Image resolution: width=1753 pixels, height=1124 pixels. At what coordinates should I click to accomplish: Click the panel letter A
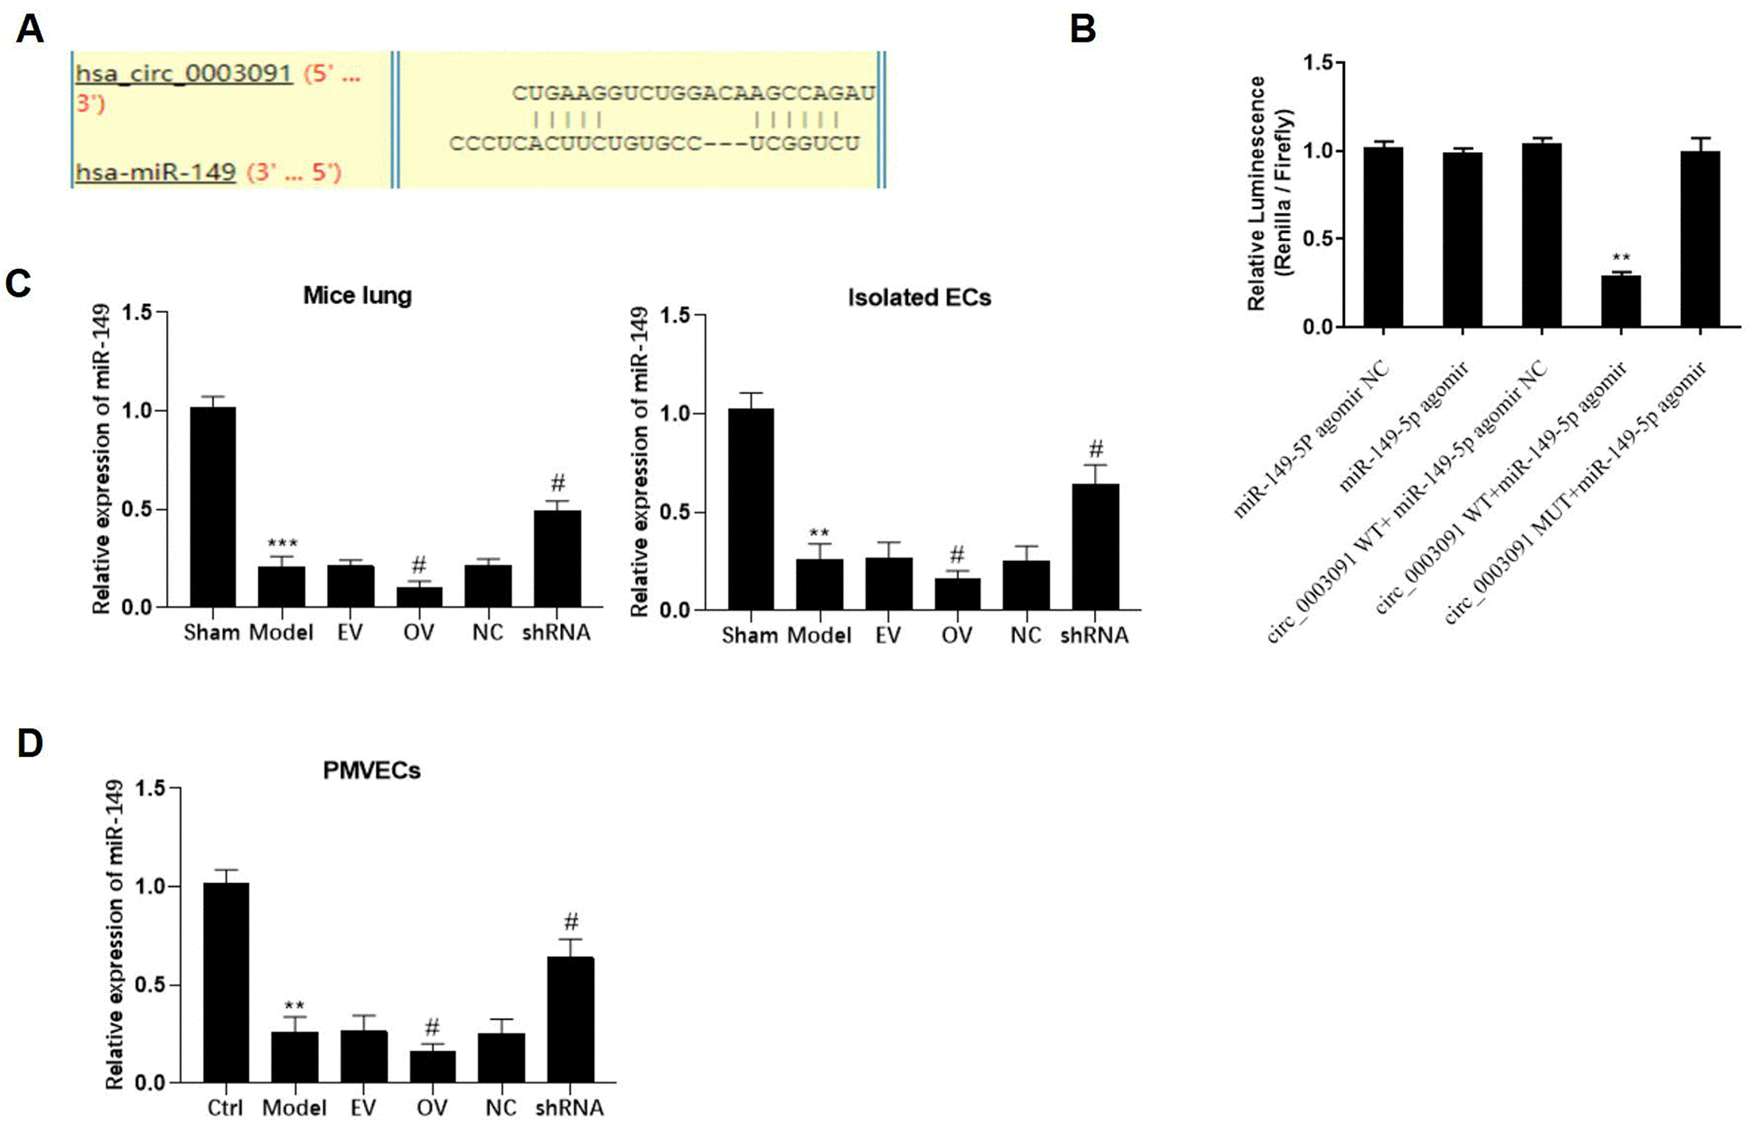(30, 30)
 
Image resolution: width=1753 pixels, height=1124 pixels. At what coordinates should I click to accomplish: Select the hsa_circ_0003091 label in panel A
(184, 74)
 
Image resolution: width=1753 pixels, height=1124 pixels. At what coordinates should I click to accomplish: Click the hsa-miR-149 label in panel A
(156, 171)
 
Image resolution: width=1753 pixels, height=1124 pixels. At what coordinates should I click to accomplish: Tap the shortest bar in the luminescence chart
(1620, 301)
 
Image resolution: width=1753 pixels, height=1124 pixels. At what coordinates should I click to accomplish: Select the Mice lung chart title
(357, 295)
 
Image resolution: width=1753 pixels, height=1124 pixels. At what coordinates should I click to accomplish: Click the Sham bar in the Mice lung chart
(212, 508)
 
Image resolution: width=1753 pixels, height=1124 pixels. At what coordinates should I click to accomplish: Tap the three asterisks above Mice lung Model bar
(282, 544)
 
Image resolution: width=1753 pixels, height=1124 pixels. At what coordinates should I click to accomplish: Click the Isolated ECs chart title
(919, 298)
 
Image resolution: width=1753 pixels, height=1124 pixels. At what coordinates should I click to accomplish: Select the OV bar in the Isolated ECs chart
(957, 594)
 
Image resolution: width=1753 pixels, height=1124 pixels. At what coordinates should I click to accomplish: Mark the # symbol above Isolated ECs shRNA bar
(1095, 449)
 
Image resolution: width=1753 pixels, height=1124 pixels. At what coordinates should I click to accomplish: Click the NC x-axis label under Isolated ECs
(1026, 636)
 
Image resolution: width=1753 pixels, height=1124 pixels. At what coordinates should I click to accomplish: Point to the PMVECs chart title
(371, 771)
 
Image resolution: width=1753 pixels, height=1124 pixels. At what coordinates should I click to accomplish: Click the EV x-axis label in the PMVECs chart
(363, 1107)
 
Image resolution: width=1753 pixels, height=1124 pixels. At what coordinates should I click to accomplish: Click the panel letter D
(30, 744)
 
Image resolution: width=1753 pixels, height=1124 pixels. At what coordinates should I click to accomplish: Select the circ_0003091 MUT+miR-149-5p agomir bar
(1699, 239)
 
